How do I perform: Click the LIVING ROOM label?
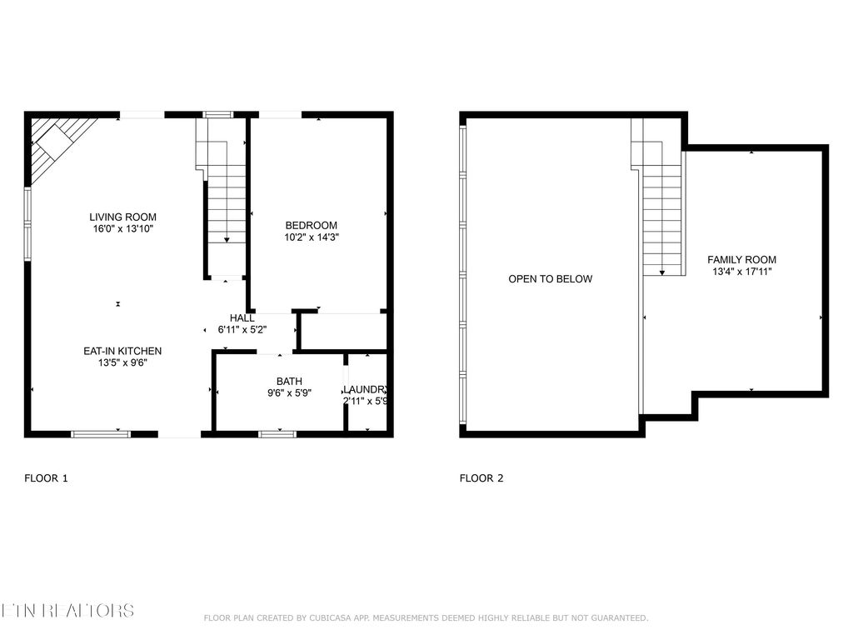122,217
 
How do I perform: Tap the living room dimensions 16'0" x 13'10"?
122,228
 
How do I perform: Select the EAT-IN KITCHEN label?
122,351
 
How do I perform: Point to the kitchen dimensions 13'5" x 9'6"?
122,362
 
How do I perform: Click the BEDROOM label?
311,225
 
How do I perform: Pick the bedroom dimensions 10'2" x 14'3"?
311,237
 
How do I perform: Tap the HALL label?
242,318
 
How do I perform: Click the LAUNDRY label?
365,389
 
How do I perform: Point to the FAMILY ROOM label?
741,259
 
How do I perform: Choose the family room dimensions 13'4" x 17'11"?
741,272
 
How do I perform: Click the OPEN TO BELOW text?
550,279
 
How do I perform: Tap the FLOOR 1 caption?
46,478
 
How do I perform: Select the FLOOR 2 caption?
481,478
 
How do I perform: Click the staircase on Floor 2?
661,208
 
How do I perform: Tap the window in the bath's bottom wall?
277,433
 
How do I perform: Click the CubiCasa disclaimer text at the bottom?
426,617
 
